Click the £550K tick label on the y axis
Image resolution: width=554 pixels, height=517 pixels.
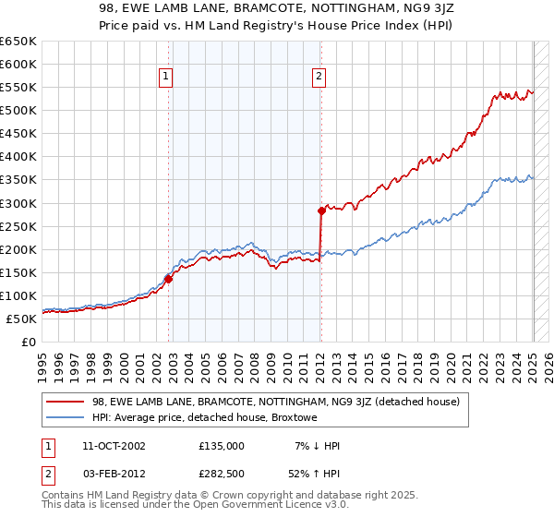[18, 88]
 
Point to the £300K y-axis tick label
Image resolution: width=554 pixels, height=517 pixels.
[18, 203]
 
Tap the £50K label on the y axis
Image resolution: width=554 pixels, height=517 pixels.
[22, 319]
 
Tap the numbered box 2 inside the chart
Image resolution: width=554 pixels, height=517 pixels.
[319, 78]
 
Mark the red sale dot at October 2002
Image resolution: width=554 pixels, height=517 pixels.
[169, 279]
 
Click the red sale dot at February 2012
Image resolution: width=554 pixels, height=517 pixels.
[321, 210]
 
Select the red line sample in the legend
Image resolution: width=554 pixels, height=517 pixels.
[65, 401]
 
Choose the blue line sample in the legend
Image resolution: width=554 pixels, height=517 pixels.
[65, 416]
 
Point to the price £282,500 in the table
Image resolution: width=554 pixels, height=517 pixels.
[222, 473]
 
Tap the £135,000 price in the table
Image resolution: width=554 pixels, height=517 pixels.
[222, 446]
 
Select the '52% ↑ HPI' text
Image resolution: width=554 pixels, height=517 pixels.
[315, 473]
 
